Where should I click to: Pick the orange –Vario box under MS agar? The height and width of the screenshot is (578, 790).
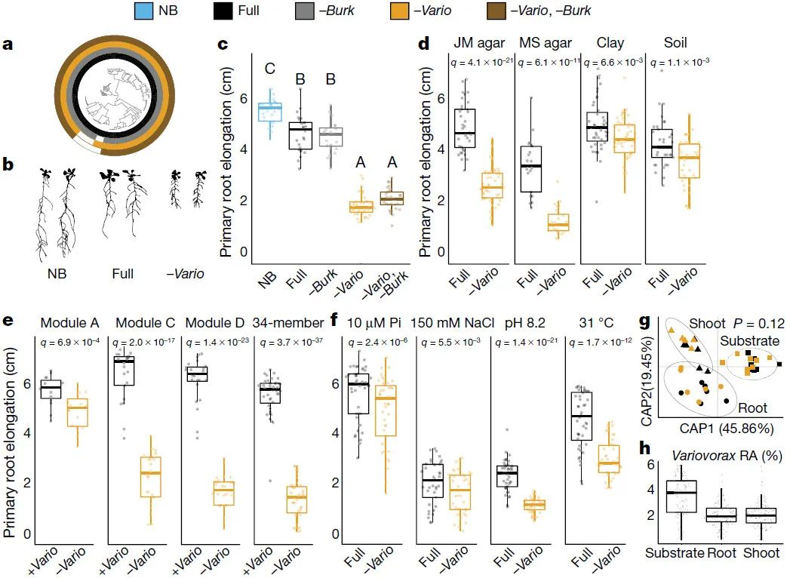(x=558, y=223)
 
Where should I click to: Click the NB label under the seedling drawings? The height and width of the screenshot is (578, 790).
(x=56, y=273)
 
